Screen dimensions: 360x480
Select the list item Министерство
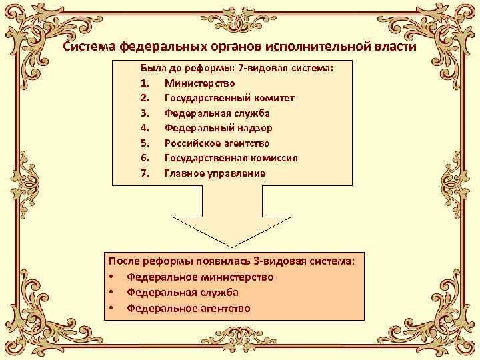point(200,83)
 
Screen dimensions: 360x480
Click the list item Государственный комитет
point(229,98)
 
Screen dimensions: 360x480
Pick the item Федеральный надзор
point(218,128)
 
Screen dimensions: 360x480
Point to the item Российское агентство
point(217,143)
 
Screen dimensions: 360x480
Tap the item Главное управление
point(215,173)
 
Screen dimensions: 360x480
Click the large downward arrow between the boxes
point(240,217)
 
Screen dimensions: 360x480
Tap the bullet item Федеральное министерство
point(200,277)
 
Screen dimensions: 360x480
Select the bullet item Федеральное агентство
point(189,308)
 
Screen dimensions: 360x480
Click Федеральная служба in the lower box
point(183,292)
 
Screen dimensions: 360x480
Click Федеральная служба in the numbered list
point(217,113)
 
